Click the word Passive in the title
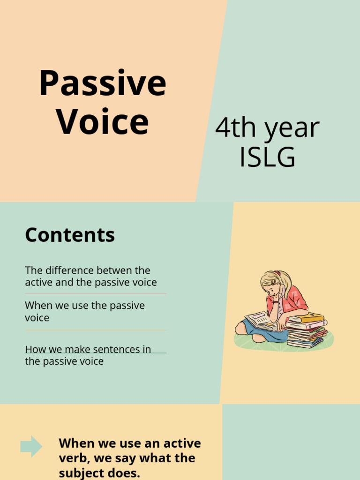[x=102, y=83]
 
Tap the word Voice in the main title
[x=102, y=122]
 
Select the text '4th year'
[x=267, y=127]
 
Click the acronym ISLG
[x=267, y=157]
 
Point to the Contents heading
[x=70, y=235]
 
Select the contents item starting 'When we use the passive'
[x=84, y=311]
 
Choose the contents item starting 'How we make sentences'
[x=88, y=355]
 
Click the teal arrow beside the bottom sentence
[x=31, y=446]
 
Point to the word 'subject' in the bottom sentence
[x=80, y=473]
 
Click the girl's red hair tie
[x=277, y=273]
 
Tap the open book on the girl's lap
[x=259, y=321]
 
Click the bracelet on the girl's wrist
[x=275, y=301]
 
